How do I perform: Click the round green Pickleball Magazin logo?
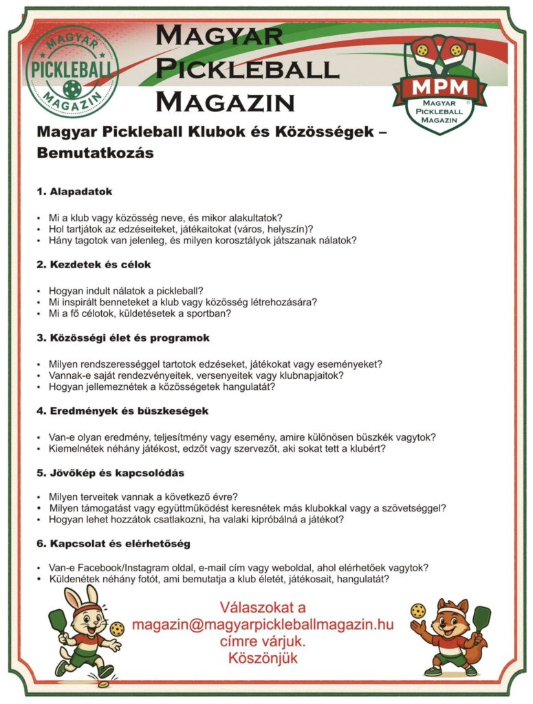tap(71, 71)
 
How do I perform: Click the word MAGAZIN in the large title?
tap(225, 102)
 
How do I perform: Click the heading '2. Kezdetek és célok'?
tap(94, 264)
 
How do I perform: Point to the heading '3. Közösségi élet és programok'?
tap(123, 338)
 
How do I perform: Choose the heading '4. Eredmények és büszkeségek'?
tap(122, 410)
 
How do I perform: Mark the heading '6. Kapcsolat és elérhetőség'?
tap(113, 543)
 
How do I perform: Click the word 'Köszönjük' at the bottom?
tap(263, 659)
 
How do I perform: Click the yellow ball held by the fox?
tap(417, 610)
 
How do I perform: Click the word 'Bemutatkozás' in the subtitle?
tap(95, 153)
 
